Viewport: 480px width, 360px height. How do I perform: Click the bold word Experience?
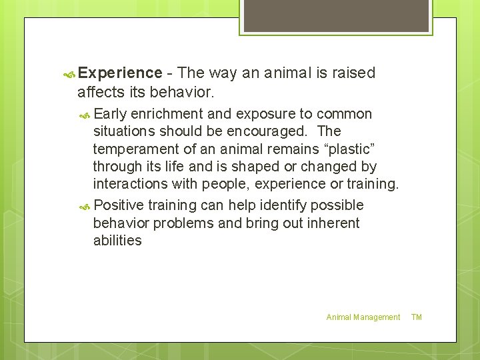tap(120, 73)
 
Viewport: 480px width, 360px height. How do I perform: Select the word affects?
tap(102, 91)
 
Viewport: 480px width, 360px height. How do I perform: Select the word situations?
tap(125, 131)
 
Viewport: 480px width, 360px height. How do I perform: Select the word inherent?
tap(333, 223)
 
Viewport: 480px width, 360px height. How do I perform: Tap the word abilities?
tap(117, 241)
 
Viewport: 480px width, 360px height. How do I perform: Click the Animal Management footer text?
tap(363, 317)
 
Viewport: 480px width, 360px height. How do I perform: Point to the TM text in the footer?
tap(417, 317)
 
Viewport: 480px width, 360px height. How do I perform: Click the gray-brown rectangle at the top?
tap(335, 15)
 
